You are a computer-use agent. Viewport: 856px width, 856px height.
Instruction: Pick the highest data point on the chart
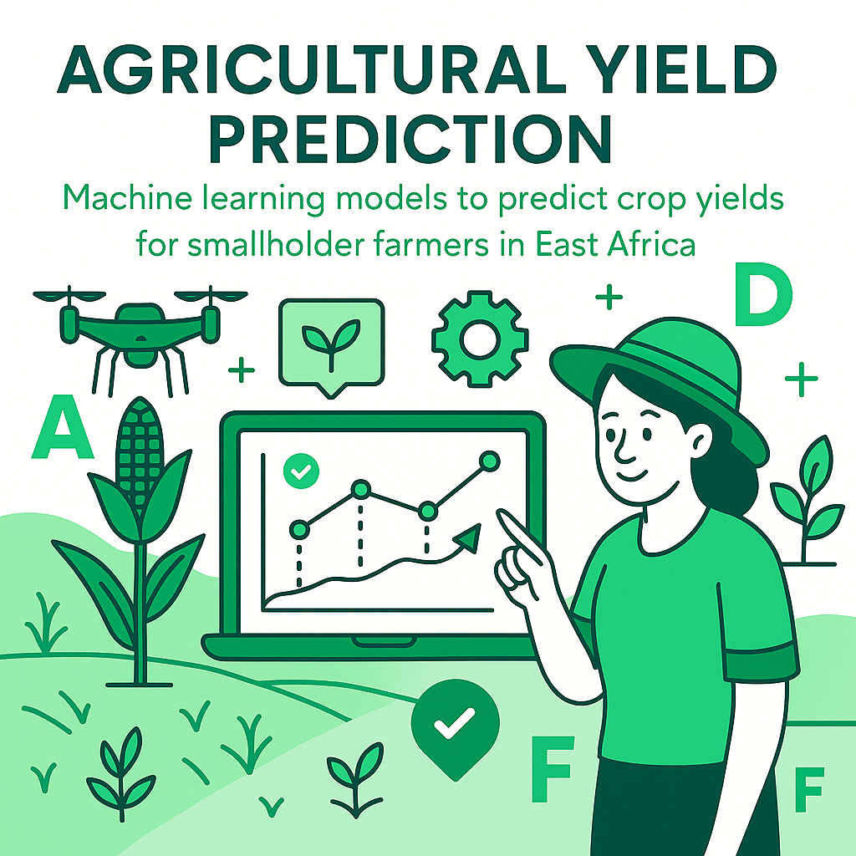coord(489,461)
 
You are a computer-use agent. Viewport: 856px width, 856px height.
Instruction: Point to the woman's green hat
coord(660,376)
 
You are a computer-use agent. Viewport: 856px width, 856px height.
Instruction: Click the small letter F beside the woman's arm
coord(808,788)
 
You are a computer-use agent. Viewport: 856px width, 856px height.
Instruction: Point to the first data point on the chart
coord(299,529)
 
